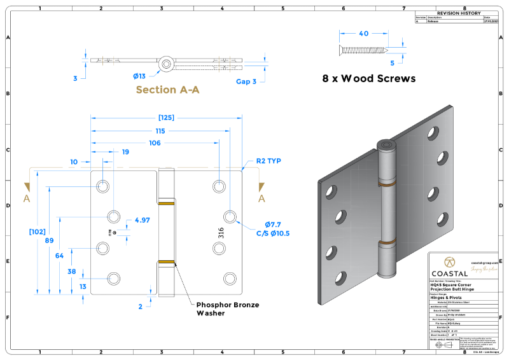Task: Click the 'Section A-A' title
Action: tap(167, 90)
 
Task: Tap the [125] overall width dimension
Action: tap(166, 118)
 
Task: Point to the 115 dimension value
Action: tap(160, 131)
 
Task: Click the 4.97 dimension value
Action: tap(142, 220)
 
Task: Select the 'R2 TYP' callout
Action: tap(268, 161)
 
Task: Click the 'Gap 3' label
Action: tap(246, 81)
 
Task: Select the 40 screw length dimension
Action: tap(363, 34)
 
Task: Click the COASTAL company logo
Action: tap(449, 267)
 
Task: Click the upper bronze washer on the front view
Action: tap(166, 204)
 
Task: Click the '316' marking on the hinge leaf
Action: tap(221, 232)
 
